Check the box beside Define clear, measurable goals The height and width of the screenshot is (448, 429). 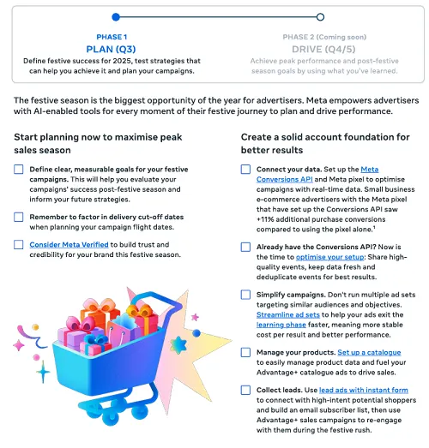[19, 170]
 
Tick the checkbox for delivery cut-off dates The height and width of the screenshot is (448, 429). [19, 218]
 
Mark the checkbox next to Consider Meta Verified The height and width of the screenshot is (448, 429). [19, 245]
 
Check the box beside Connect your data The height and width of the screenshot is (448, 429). [246, 170]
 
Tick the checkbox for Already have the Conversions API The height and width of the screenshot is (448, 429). [246, 245]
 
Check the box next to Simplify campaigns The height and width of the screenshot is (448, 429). [246, 294]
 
